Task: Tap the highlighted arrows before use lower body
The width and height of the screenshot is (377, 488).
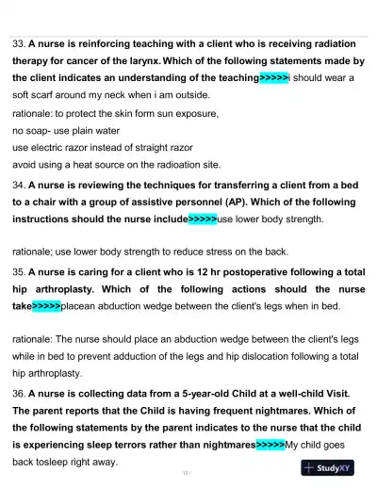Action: [203, 220]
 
